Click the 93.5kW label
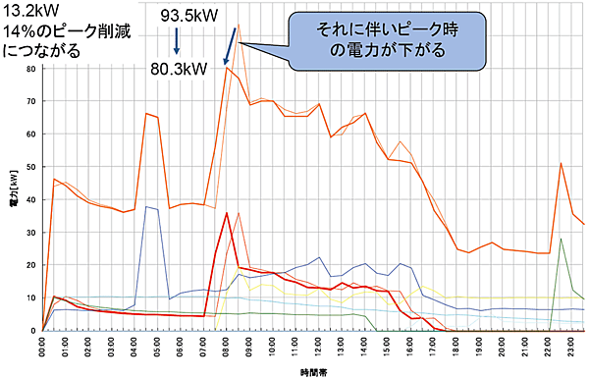click(x=190, y=17)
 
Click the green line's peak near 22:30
click(x=561, y=239)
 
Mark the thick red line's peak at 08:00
click(x=227, y=213)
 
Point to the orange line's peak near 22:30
click(x=561, y=163)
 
